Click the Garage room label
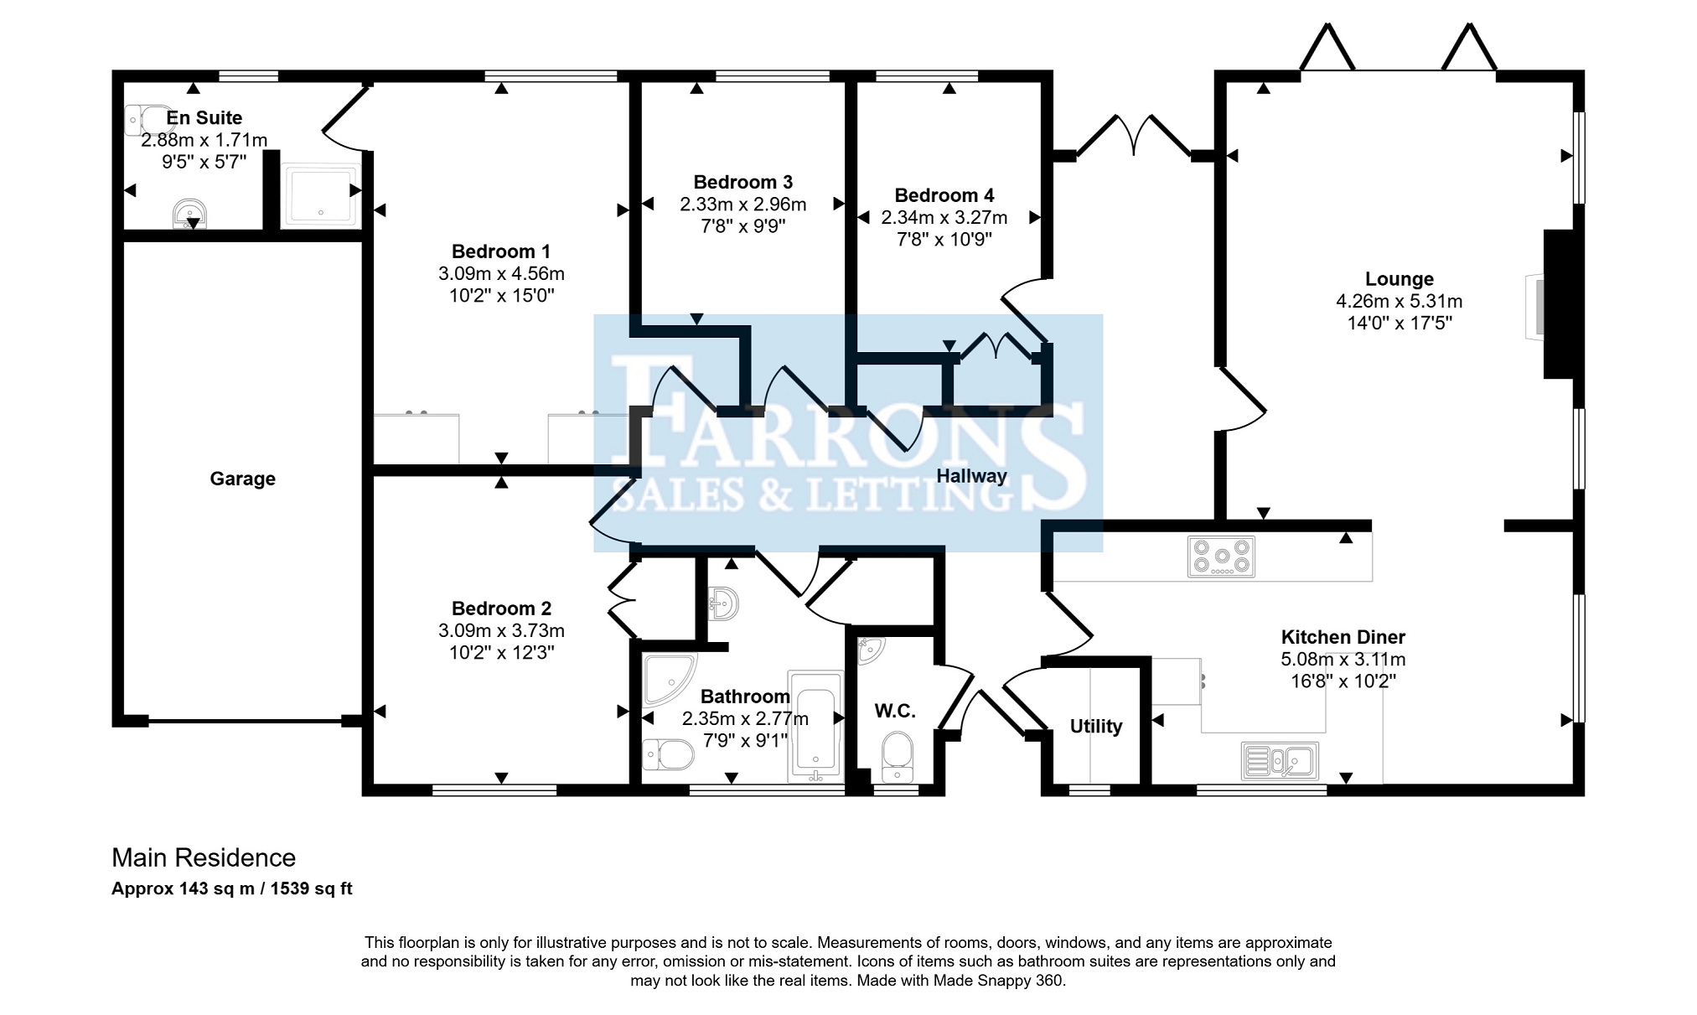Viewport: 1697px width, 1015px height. (242, 479)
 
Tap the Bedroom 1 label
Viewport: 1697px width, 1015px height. (501, 251)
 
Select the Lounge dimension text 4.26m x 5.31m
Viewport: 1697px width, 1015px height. (1400, 301)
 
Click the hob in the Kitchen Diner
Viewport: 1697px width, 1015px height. (1221, 557)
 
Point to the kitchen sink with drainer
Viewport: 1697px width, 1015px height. (1280, 761)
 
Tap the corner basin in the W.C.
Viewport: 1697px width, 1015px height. (871, 650)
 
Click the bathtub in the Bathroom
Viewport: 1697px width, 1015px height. (815, 726)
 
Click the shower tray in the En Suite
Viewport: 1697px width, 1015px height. (320, 194)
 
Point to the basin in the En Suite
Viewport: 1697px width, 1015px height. (190, 215)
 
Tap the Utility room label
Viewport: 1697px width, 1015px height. (1096, 727)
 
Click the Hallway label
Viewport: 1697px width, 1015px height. (971, 476)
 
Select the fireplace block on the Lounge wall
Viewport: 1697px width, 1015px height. (1559, 304)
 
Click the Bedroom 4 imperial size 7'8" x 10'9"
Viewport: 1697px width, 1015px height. (944, 239)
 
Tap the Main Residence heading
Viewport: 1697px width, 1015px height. (204, 857)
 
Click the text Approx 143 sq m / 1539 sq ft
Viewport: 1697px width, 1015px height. (232, 889)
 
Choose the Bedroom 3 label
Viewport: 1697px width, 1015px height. (743, 182)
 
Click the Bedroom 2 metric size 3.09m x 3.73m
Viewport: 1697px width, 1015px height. (501, 630)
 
